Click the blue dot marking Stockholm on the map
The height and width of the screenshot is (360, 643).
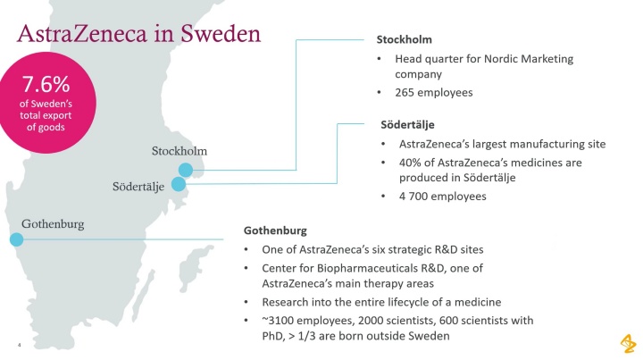(x=185, y=170)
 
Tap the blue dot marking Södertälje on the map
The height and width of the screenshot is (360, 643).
(x=178, y=185)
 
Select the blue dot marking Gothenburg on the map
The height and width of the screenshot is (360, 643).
(x=16, y=239)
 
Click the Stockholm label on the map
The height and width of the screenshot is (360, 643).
(x=180, y=150)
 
